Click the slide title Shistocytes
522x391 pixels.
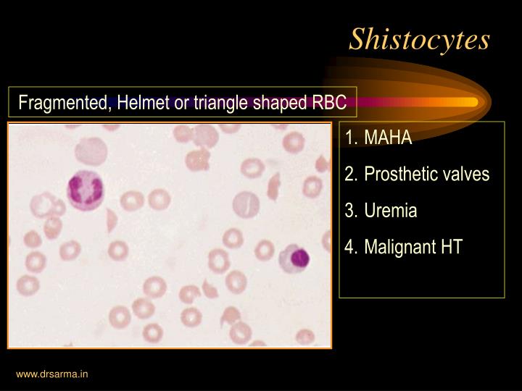tap(419, 39)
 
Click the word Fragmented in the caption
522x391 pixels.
tap(64, 103)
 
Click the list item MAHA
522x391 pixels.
tap(388, 138)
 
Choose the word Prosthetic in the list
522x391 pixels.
tap(398, 175)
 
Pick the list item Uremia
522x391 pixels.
tap(391, 211)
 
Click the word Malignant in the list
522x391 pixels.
tap(397, 247)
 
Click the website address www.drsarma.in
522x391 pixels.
tap(52, 374)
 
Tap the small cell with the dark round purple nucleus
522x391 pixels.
tap(296, 256)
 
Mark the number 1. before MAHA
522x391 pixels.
tap(351, 138)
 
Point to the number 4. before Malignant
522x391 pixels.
tap(351, 247)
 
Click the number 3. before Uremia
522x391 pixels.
tap(351, 211)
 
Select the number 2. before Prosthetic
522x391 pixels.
tap(351, 175)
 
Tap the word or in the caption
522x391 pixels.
tap(181, 103)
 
